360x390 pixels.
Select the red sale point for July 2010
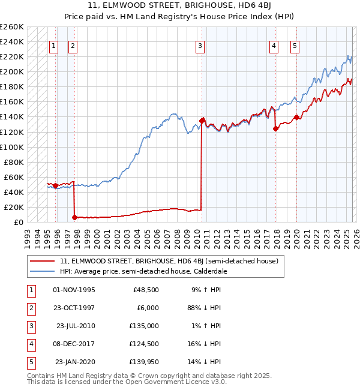(x=202, y=121)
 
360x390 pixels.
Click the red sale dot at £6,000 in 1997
(x=74, y=218)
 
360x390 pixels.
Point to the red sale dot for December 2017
(x=275, y=128)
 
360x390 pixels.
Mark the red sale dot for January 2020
(x=296, y=117)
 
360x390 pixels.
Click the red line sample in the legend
(x=43, y=262)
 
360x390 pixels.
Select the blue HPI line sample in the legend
(x=43, y=271)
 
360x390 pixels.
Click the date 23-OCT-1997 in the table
(x=74, y=308)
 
